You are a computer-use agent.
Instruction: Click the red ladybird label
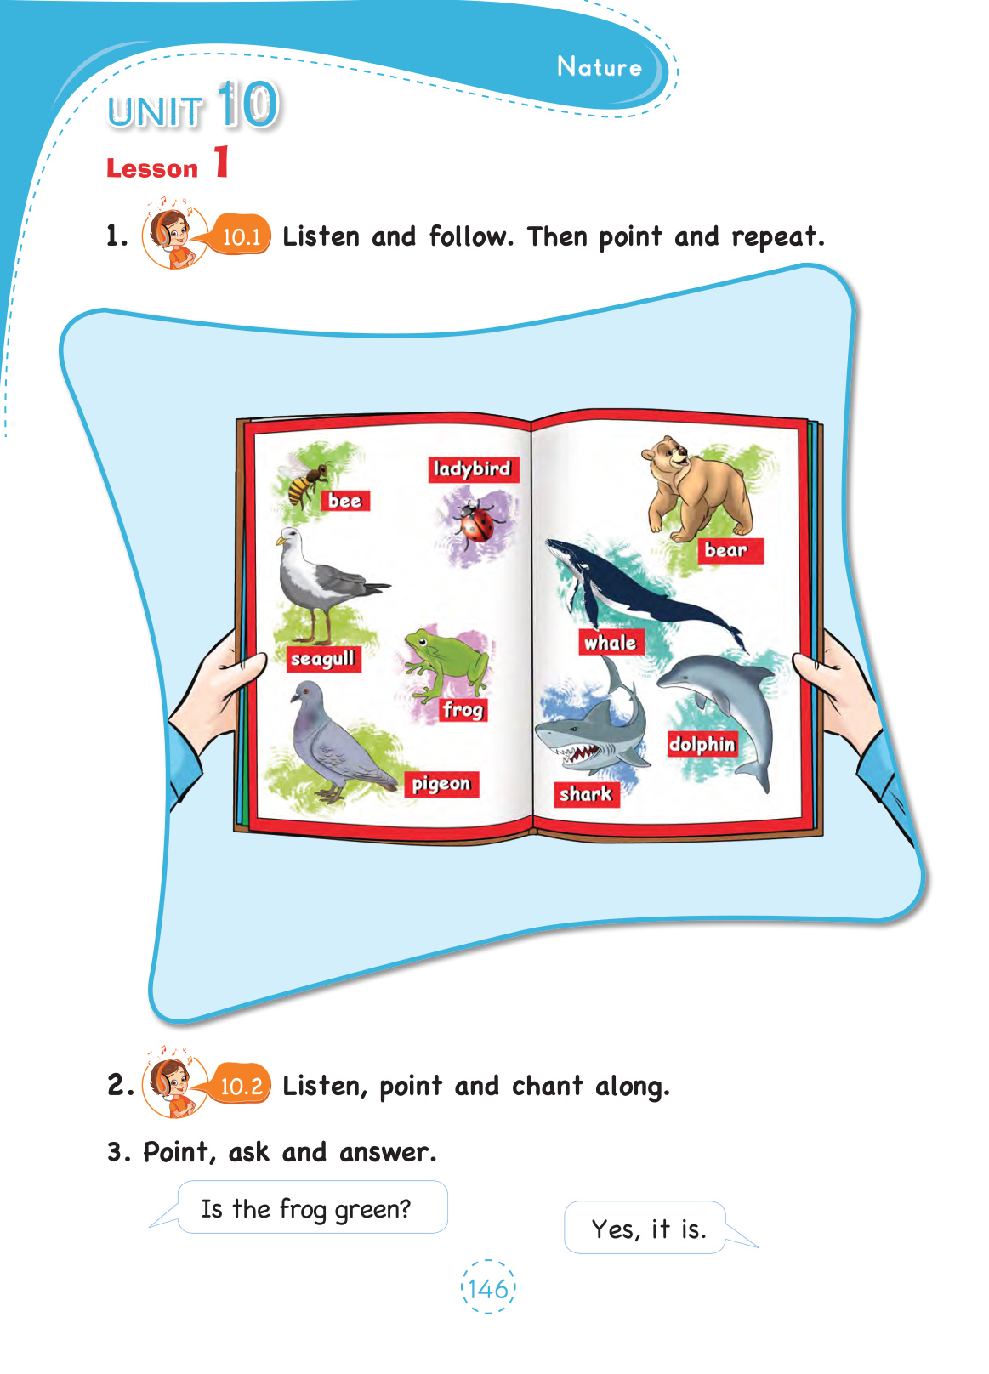[473, 469]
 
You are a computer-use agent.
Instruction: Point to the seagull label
[323, 659]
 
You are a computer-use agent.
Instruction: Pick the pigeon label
[441, 784]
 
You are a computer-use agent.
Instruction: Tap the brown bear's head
[665, 454]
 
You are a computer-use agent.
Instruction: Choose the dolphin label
[702, 743]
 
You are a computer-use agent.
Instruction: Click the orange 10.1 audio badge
[242, 235]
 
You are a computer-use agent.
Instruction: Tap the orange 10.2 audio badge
[242, 1087]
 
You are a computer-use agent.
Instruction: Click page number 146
[488, 1289]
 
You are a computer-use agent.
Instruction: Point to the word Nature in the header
[600, 66]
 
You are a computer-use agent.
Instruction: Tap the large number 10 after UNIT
[249, 105]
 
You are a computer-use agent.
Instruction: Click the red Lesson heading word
[152, 168]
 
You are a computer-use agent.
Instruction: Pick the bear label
[730, 550]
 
